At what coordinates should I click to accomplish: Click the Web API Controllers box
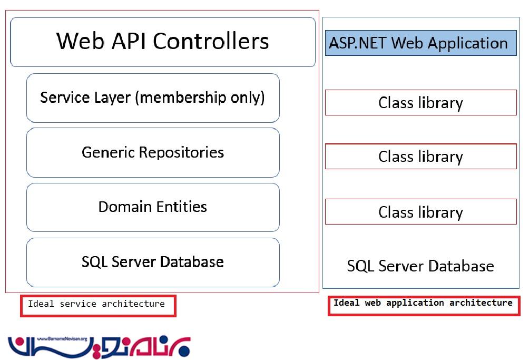coord(163,42)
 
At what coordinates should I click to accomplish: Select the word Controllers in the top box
coord(211,41)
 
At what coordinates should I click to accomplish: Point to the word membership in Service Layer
coord(183,98)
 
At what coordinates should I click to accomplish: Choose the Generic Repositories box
coord(153,152)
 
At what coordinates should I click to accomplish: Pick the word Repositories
coord(181,153)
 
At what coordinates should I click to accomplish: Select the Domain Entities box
coord(153,207)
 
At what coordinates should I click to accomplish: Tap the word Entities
coord(181,207)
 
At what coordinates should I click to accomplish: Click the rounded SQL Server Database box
coord(153,262)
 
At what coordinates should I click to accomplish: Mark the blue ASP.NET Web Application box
coord(420,43)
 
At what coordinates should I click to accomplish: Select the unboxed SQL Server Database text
coord(420,266)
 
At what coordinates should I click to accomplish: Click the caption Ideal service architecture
coord(96,304)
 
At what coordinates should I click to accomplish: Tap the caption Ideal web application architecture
coord(423,303)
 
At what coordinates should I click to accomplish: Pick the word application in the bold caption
coord(415,303)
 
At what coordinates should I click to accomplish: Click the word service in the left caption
coord(78,304)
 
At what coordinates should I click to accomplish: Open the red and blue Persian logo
coord(99,346)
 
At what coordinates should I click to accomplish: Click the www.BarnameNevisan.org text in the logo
coord(62,339)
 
